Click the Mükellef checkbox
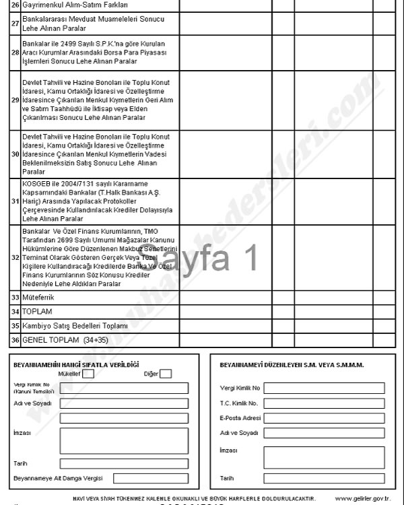pyautogui.click(x=88, y=374)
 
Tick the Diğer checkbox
pyautogui.click(x=166, y=374)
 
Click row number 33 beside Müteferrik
pyautogui.click(x=15, y=296)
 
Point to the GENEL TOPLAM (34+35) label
pyautogui.click(x=61, y=339)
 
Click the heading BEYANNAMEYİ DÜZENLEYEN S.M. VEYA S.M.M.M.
pyautogui.click(x=292, y=364)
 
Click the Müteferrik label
pyautogui.click(x=38, y=296)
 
